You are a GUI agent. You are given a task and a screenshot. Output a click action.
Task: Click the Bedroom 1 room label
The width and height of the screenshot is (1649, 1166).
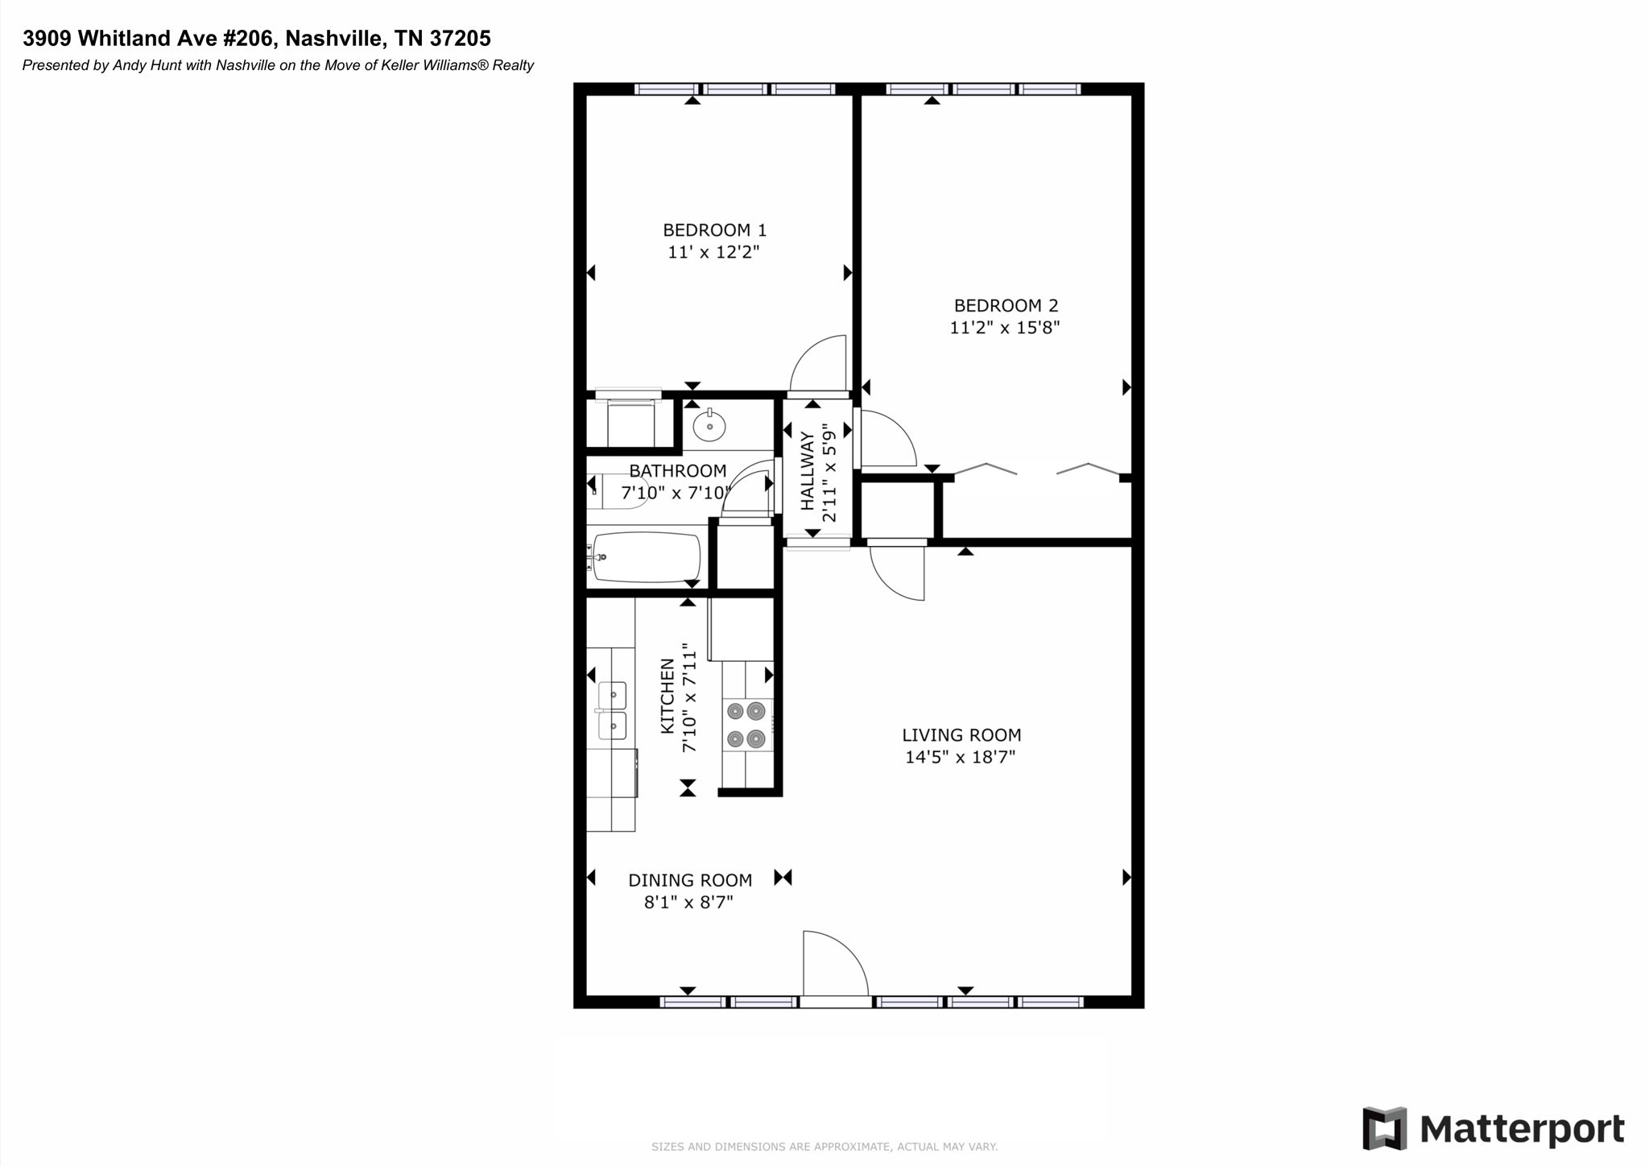[x=714, y=230]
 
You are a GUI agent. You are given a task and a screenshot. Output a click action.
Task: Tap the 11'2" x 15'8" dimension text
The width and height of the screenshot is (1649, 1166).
[x=1005, y=328]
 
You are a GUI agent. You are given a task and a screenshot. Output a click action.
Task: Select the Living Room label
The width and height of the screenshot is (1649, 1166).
[x=961, y=735]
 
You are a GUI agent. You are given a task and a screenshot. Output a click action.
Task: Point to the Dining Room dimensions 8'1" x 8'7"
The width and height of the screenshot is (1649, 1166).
[x=688, y=903]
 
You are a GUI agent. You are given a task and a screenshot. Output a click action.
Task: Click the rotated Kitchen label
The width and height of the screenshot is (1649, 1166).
[x=667, y=697]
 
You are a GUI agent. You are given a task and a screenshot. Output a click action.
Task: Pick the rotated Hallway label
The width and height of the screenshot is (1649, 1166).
[x=808, y=471]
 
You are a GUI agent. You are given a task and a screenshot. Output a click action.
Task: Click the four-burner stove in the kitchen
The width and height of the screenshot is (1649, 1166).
[x=746, y=724]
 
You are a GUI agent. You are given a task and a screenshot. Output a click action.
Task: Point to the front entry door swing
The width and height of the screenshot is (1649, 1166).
[x=835, y=964]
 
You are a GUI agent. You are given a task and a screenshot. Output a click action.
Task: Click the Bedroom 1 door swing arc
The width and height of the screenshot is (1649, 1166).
[x=818, y=362]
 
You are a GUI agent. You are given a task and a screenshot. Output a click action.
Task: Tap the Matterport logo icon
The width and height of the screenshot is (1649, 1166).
[x=1385, y=1128]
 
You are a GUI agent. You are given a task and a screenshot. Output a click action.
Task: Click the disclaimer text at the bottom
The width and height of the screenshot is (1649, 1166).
[x=824, y=1147]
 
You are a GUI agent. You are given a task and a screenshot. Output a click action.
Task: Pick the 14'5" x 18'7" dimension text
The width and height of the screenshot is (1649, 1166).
[x=961, y=757]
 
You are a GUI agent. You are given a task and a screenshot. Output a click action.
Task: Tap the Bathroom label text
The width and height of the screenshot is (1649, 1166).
[x=678, y=471]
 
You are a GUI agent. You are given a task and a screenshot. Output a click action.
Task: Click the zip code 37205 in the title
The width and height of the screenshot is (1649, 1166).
[x=463, y=38]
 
